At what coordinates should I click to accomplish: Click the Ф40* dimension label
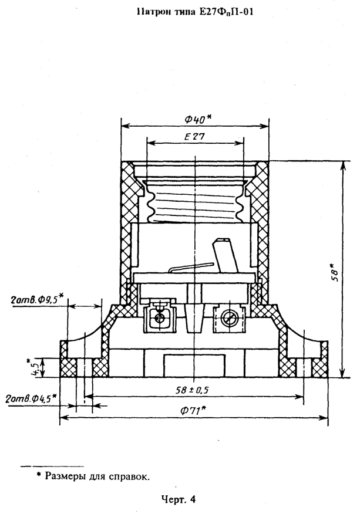click(x=196, y=119)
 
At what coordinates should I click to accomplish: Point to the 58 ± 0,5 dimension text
click(x=195, y=389)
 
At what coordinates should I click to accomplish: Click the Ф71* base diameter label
click(x=196, y=411)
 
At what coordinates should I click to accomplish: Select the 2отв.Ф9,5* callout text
click(x=37, y=300)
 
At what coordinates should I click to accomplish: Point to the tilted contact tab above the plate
click(x=226, y=255)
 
